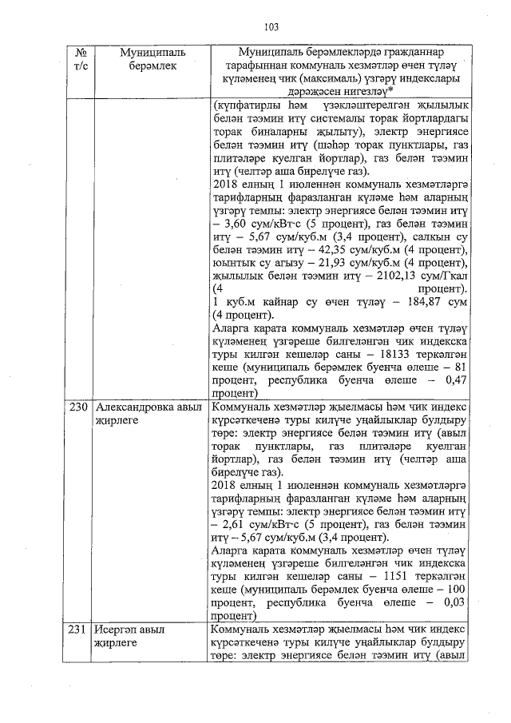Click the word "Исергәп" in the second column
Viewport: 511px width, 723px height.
tap(117, 630)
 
